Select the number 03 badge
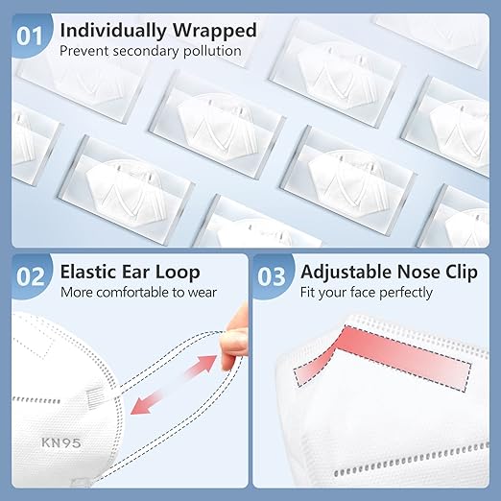[273, 278]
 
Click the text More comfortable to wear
[138, 293]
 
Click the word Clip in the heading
[458, 271]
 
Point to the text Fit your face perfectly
[367, 293]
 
